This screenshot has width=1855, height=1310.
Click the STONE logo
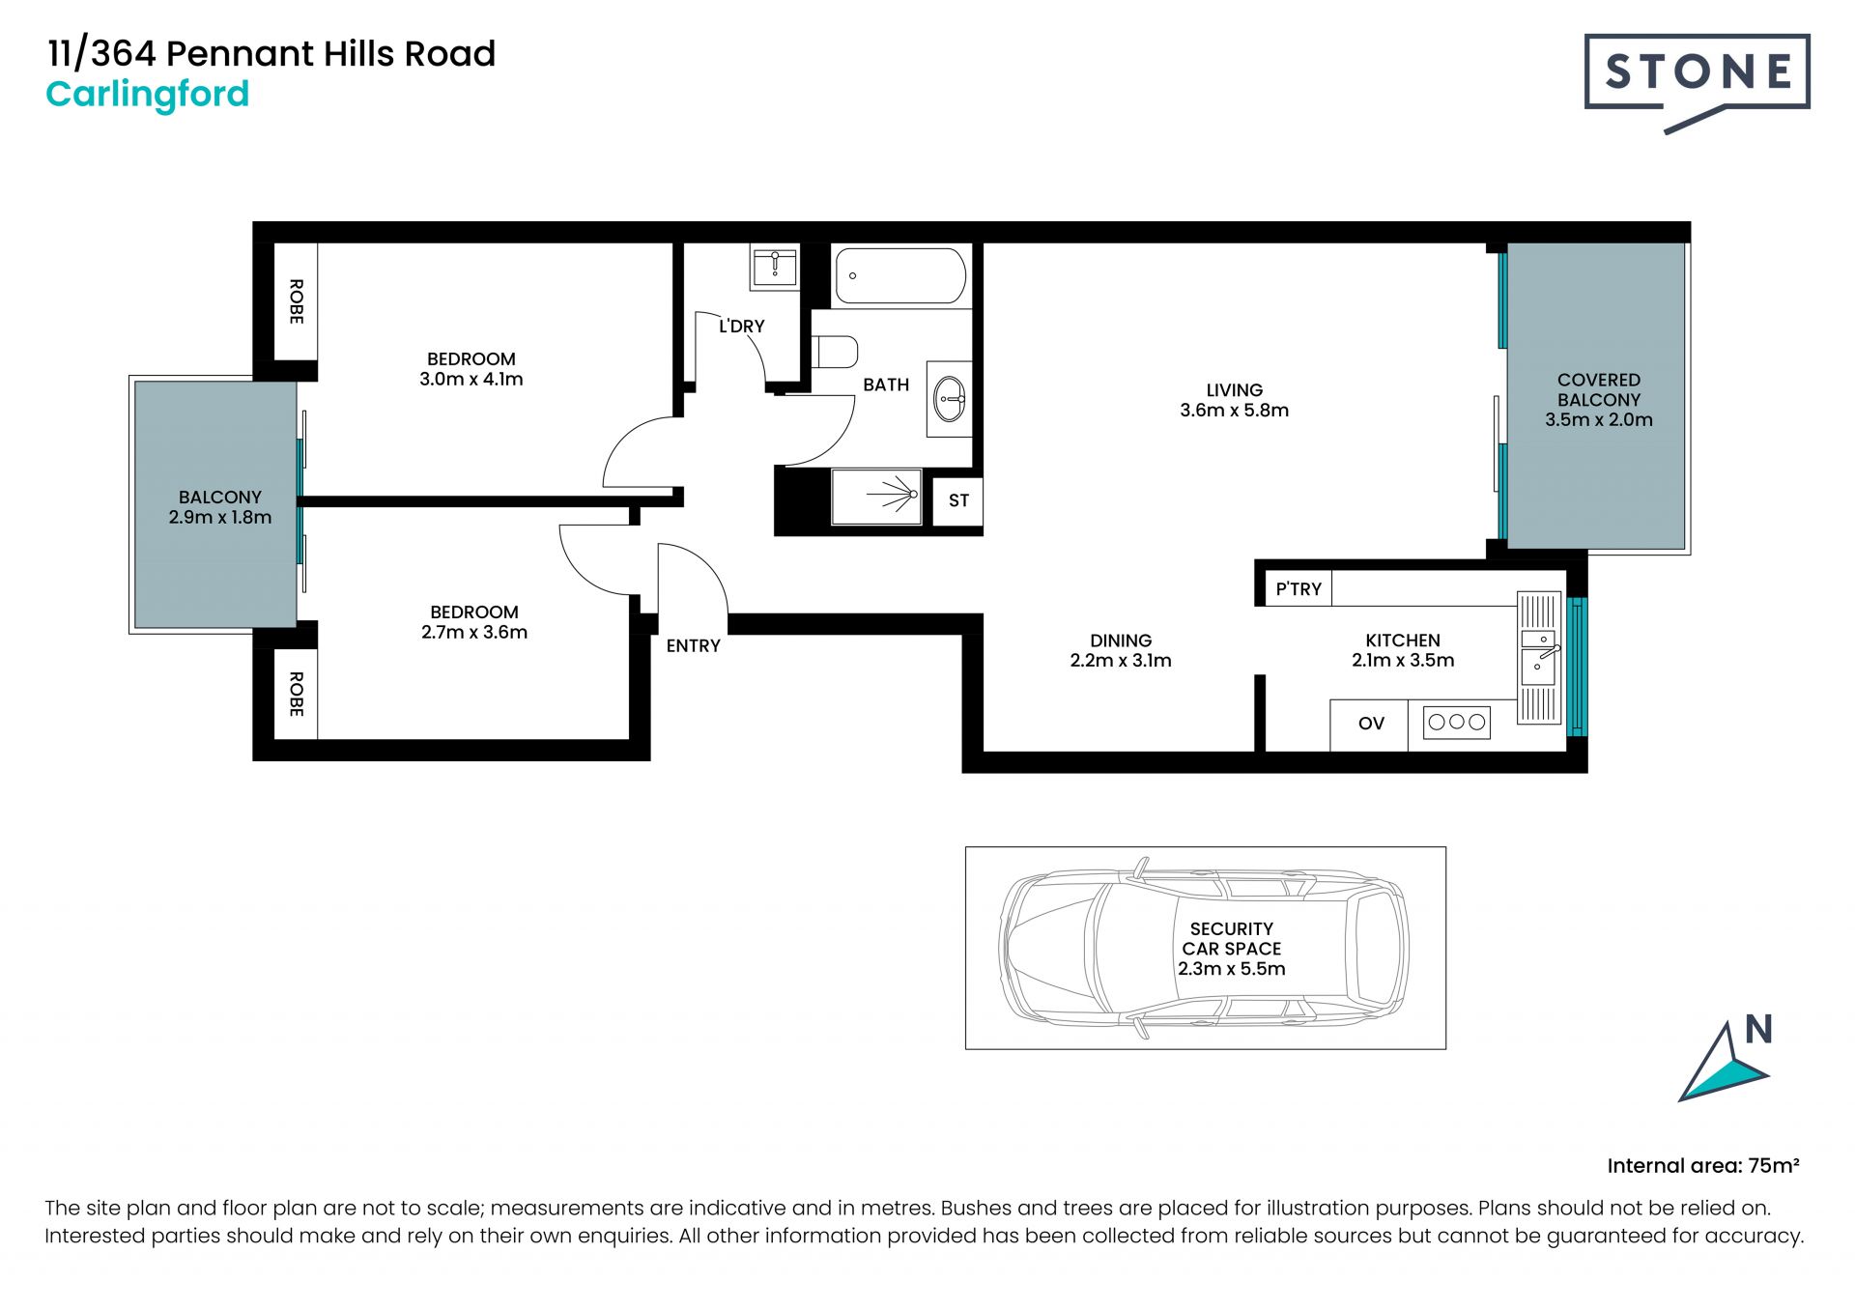(x=1697, y=81)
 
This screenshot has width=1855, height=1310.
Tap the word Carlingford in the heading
(x=148, y=95)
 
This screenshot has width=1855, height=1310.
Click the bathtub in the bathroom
(x=899, y=276)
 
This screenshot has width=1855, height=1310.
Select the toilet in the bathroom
(x=835, y=352)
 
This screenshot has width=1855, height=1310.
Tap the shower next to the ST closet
(x=877, y=498)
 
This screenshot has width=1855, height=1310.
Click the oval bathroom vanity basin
(x=951, y=398)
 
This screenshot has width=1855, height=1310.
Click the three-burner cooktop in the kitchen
(x=1457, y=723)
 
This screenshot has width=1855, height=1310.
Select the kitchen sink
(x=1539, y=658)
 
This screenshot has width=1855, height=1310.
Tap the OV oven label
(x=1371, y=724)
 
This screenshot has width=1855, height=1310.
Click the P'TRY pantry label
(x=1298, y=589)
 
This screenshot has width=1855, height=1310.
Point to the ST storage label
(x=958, y=500)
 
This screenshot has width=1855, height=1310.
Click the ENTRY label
(x=693, y=646)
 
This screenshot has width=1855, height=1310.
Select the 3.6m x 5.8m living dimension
(x=1234, y=411)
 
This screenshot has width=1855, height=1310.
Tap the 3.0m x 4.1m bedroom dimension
(x=471, y=380)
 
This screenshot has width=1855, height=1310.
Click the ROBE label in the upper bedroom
(x=297, y=301)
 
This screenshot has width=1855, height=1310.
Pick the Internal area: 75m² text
(x=1703, y=1166)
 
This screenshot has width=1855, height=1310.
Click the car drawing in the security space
(x=1204, y=948)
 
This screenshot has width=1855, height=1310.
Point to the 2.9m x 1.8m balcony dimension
(x=220, y=518)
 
